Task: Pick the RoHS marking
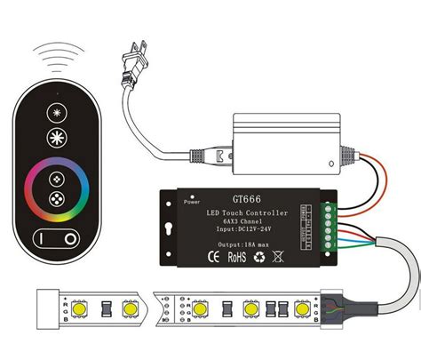click(236, 259)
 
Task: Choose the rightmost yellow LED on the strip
click(304, 309)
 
